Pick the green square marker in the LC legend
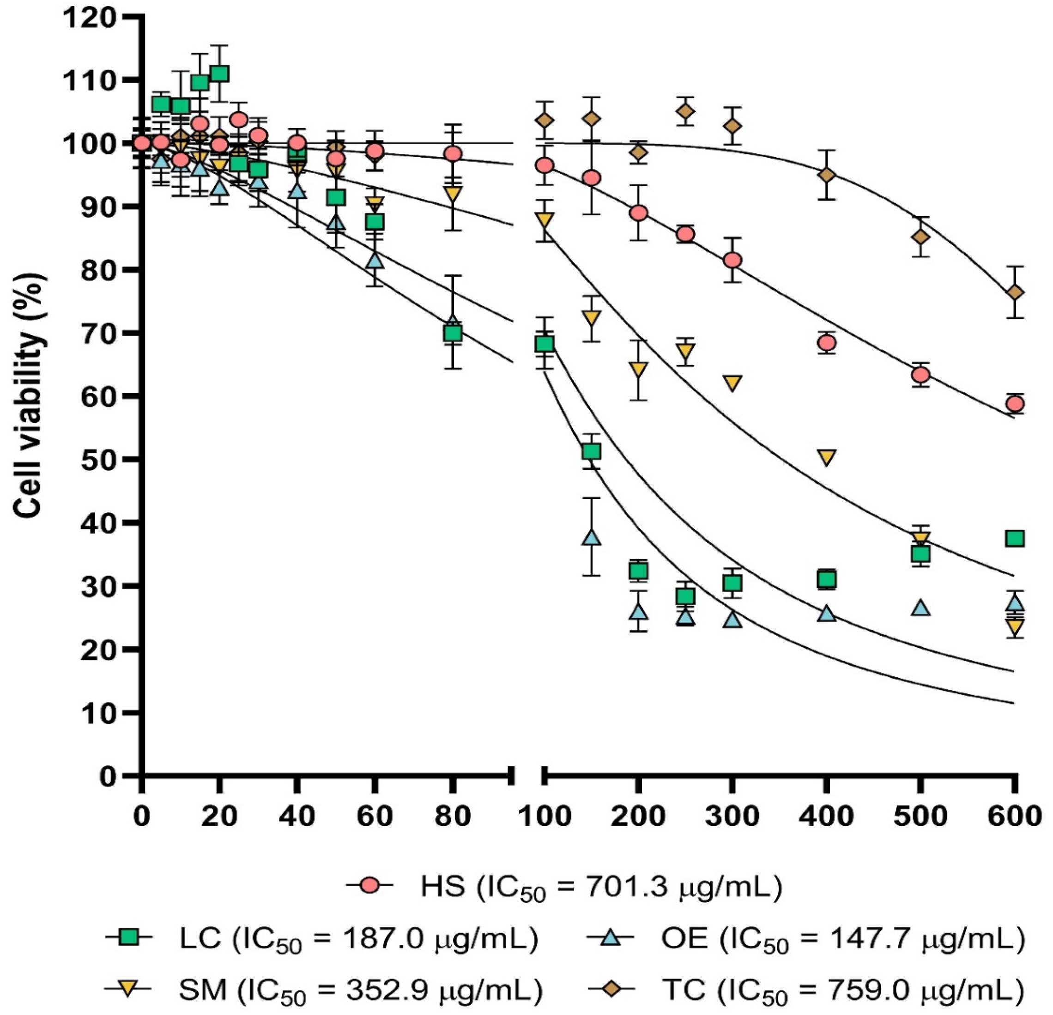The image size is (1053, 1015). (129, 939)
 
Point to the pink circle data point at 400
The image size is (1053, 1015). (827, 342)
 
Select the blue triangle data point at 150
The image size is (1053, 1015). (592, 537)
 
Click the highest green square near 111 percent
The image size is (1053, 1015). (219, 73)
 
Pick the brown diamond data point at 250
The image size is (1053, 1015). (685, 111)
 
